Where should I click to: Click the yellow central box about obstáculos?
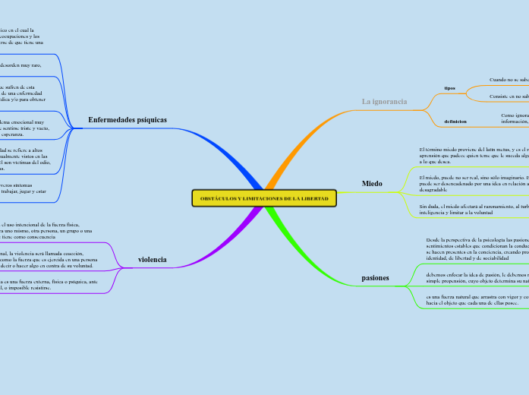(263, 198)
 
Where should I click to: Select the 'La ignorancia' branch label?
(384, 101)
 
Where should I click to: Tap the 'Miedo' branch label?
(372, 184)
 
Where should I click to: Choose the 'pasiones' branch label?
(375, 278)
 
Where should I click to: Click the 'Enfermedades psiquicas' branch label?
(128, 120)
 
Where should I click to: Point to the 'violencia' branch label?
(152, 260)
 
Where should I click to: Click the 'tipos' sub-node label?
(449, 88)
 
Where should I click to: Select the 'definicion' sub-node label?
(455, 122)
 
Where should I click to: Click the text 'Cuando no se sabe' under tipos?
(509, 79)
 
